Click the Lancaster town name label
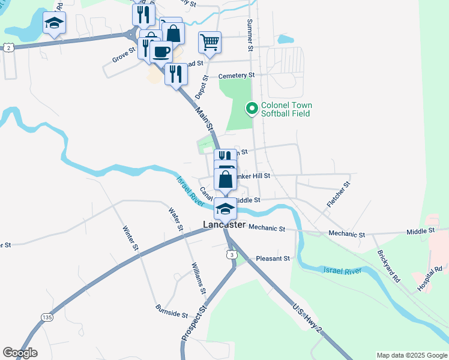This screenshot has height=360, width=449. [224, 224]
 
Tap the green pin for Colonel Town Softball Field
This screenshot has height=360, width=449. [252, 109]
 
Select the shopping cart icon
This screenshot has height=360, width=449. [209, 42]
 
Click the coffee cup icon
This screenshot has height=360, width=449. [161, 52]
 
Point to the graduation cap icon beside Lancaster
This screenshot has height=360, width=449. [225, 209]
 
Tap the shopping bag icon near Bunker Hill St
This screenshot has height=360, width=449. [225, 179]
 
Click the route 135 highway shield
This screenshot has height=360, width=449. [46, 316]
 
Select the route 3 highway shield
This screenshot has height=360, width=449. [232, 255]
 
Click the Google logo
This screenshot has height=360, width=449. [20, 353]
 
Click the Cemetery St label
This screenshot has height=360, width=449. [237, 76]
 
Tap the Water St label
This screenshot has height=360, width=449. [175, 219]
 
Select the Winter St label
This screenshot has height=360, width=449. [130, 238]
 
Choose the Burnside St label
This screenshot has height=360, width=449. [172, 314]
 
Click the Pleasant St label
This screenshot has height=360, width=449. [273, 259]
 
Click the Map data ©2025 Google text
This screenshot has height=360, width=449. [411, 355]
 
